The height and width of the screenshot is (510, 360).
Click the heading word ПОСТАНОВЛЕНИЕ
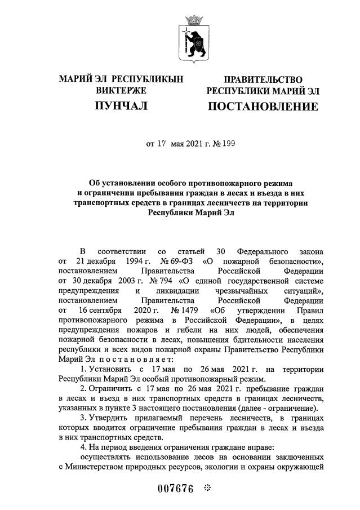[263, 107]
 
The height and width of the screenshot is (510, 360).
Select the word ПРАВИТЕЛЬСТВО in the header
[263, 80]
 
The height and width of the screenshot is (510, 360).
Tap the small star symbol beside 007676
[207, 487]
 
